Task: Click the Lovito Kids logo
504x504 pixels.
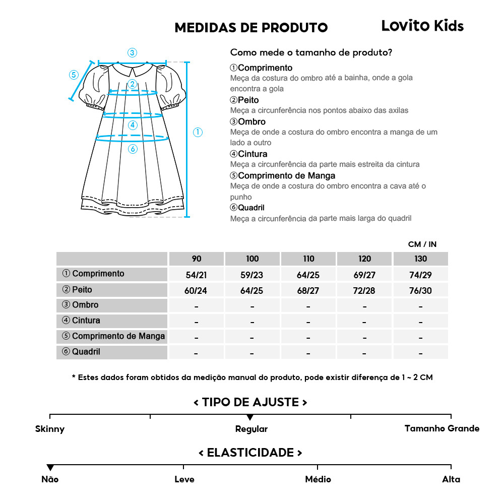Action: pyautogui.click(x=422, y=26)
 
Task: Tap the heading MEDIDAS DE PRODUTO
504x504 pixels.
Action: pyautogui.click(x=251, y=28)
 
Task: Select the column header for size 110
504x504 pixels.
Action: pyautogui.click(x=308, y=259)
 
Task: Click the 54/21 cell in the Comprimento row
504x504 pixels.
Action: pyautogui.click(x=197, y=275)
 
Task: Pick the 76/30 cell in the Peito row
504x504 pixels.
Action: pyautogui.click(x=420, y=290)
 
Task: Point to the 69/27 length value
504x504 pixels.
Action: pyautogui.click(x=364, y=275)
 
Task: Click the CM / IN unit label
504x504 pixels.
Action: pyautogui.click(x=422, y=244)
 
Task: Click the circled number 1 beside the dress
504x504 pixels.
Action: pyautogui.click(x=198, y=132)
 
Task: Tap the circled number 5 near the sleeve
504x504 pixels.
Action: pyautogui.click(x=74, y=75)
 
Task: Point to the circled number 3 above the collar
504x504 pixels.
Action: pyautogui.click(x=132, y=52)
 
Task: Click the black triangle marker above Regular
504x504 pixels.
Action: pyautogui.click(x=250, y=417)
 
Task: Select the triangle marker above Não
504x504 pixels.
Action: pyautogui.click(x=50, y=468)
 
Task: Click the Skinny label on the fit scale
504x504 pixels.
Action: pyautogui.click(x=50, y=429)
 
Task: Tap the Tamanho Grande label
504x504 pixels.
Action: pyautogui.click(x=442, y=428)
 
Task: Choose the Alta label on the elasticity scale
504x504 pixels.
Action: pyautogui.click(x=451, y=479)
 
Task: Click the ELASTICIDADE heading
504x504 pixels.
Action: pyautogui.click(x=250, y=452)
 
